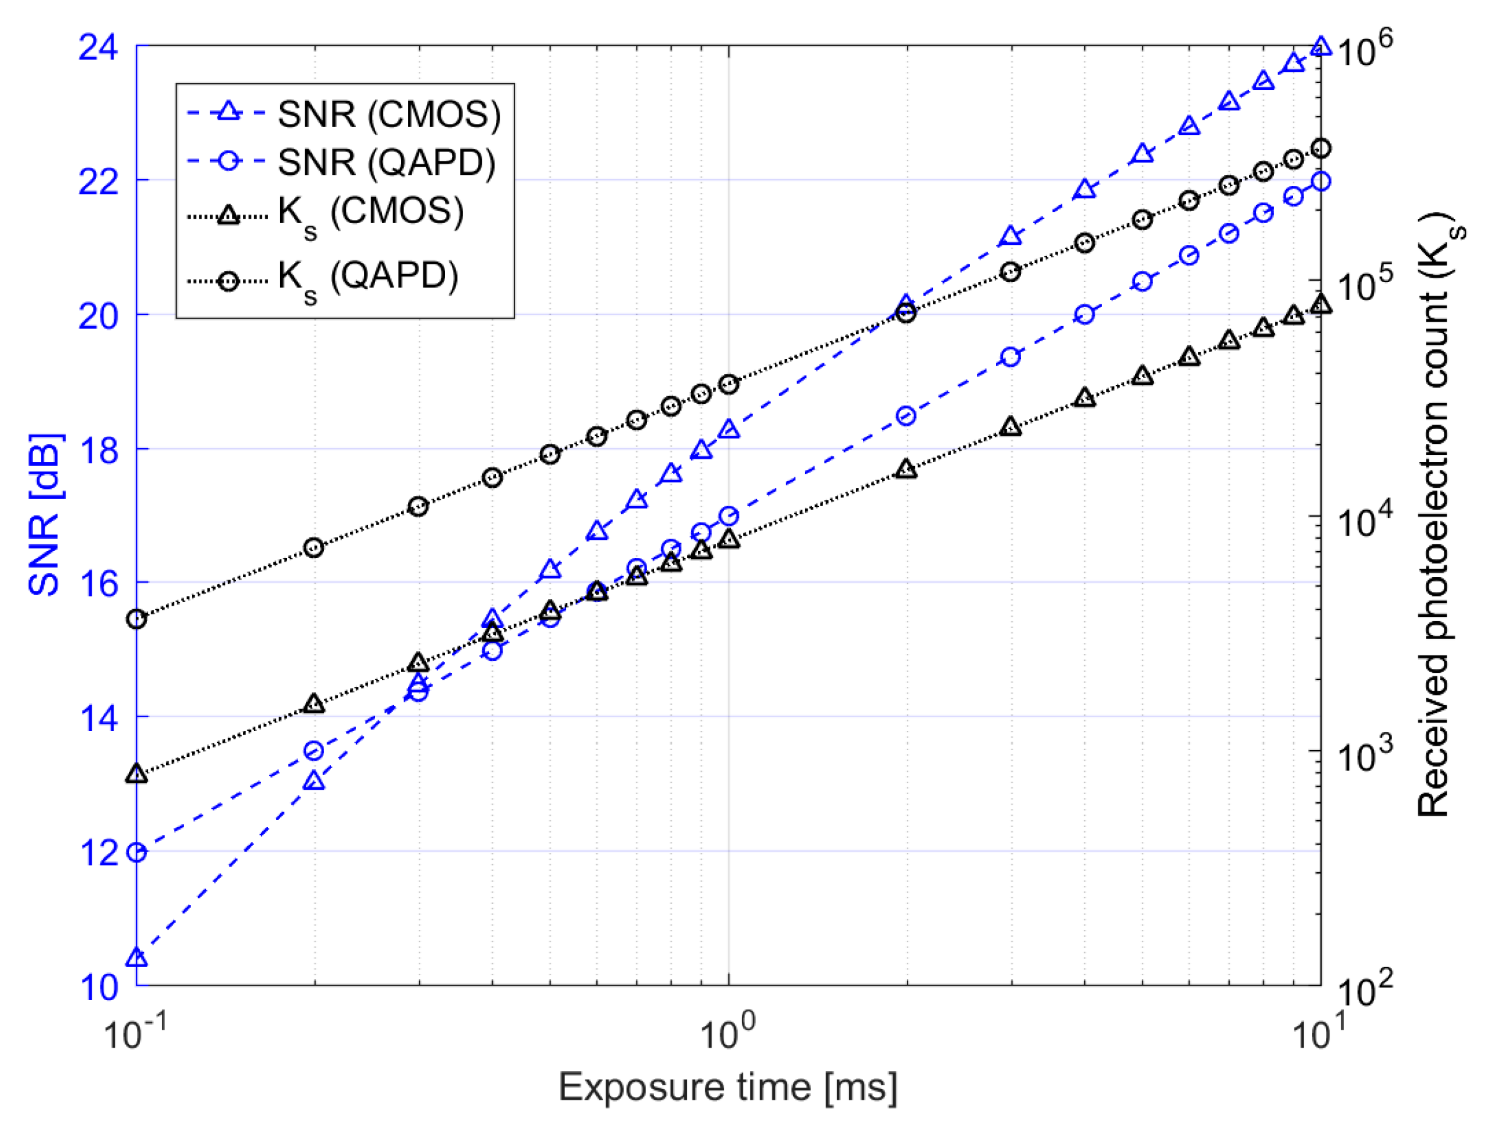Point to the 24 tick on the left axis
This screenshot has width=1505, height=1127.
click(x=99, y=48)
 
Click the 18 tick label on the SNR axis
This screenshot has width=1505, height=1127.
click(x=99, y=450)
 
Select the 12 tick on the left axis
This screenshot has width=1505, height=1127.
click(x=99, y=852)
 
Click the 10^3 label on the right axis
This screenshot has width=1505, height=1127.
click(x=1364, y=756)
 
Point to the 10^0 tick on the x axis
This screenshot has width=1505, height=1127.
click(x=727, y=1033)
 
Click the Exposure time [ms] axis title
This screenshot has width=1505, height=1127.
click(x=727, y=1087)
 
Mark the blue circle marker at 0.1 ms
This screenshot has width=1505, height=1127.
click(x=137, y=852)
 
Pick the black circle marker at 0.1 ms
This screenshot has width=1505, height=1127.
click(x=137, y=619)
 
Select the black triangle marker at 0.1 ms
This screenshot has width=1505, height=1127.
click(x=137, y=774)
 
